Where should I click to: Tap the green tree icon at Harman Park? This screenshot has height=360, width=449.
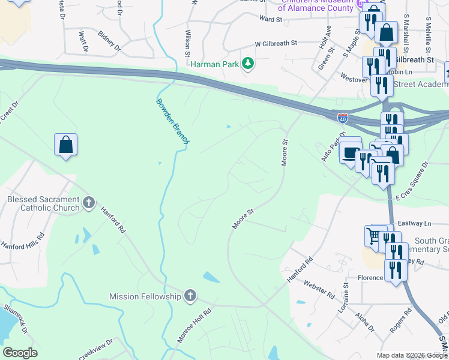tap(247, 64)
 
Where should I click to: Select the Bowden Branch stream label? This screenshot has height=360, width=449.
tap(173, 120)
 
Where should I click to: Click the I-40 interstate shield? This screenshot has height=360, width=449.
tap(343, 119)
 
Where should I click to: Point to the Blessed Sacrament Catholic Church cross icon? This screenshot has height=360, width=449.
tap(89, 203)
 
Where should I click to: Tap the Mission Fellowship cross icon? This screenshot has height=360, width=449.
tap(190, 295)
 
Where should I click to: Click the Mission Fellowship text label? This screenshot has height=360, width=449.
tap(145, 296)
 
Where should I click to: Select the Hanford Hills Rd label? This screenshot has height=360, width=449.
tap(23, 242)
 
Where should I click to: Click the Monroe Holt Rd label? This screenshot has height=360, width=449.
tap(194, 326)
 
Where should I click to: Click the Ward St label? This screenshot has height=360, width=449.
tap(270, 19)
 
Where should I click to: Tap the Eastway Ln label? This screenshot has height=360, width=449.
tap(418, 223)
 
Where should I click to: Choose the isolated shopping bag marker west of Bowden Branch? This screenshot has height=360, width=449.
tap(65, 145)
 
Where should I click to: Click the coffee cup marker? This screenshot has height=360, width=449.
tap(350, 152)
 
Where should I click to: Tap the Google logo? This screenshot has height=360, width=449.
tap(20, 353)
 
